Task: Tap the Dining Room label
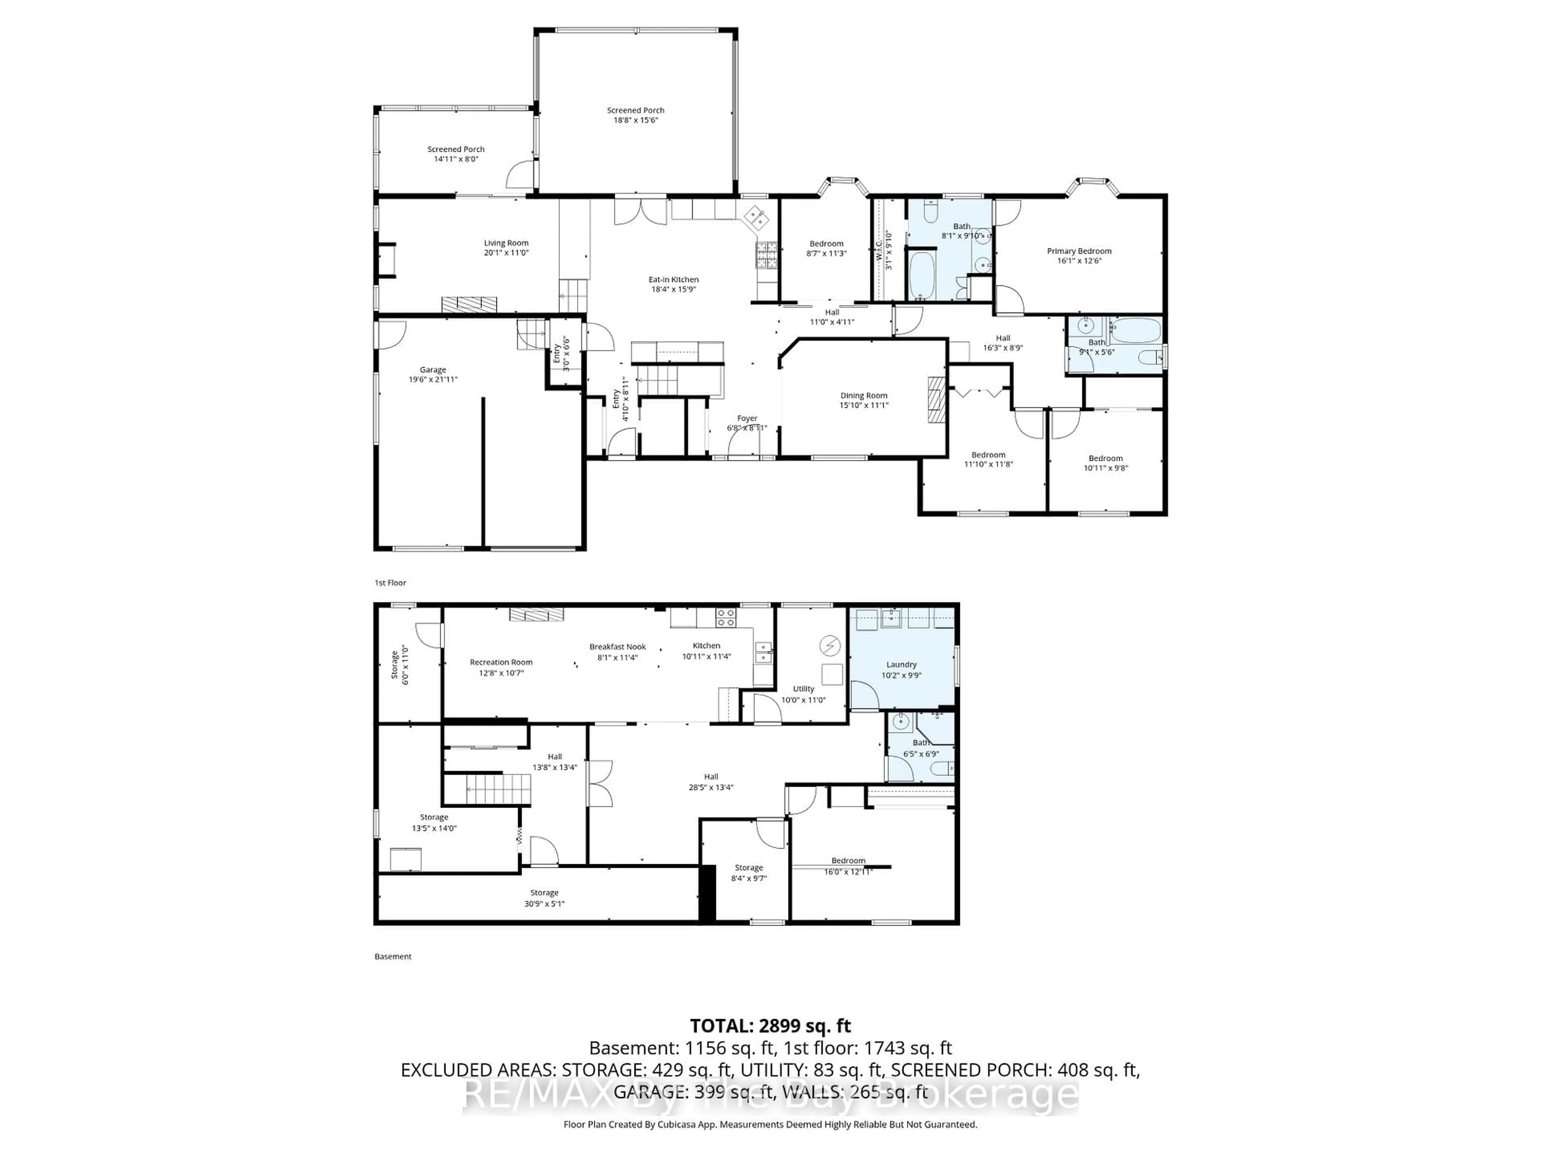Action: click(x=864, y=395)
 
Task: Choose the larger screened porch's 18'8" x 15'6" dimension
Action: click(x=635, y=120)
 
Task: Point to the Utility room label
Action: click(x=803, y=688)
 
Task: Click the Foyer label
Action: click(x=747, y=418)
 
